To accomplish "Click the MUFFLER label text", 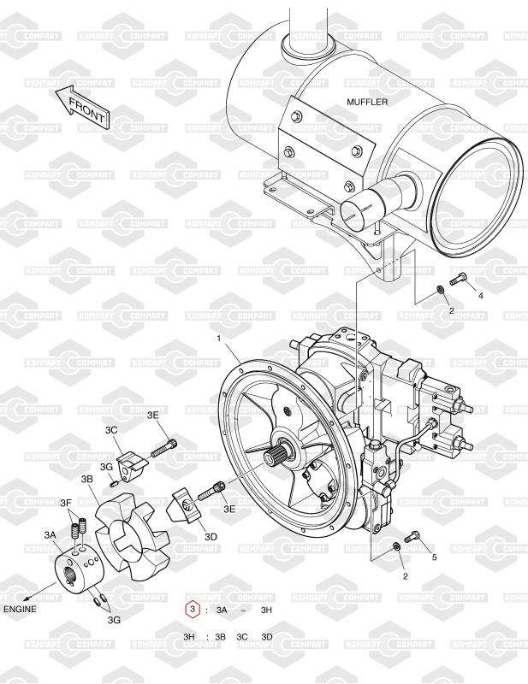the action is [367, 102].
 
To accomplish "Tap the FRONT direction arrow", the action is [82, 105].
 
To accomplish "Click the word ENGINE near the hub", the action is [20, 609].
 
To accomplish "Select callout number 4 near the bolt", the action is [481, 296].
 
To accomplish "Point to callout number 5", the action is [434, 557].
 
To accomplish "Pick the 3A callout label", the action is [50, 534].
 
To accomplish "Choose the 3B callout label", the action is [87, 479].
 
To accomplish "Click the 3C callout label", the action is [111, 430].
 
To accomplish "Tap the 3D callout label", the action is [211, 537].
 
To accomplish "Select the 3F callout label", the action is [66, 503].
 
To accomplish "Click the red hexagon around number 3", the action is [193, 610].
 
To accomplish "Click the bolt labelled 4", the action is [459, 279].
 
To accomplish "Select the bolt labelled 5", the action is [412, 536].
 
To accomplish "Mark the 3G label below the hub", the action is [114, 619].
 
